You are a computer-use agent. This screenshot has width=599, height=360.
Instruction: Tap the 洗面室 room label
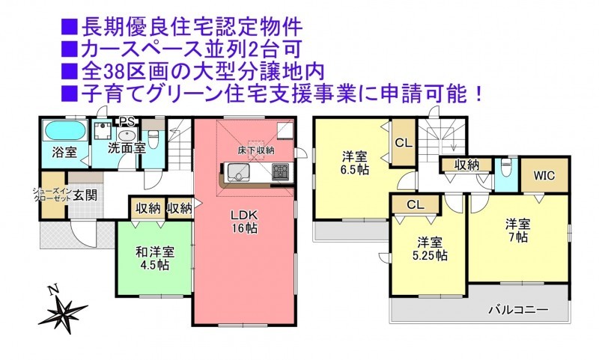(127, 148)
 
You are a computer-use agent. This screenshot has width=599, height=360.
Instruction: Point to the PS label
(127, 121)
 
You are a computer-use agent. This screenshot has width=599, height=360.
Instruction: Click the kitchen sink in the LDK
(238, 173)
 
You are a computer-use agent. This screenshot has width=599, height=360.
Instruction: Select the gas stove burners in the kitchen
(282, 172)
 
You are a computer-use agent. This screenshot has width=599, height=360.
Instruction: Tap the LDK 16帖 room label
(244, 222)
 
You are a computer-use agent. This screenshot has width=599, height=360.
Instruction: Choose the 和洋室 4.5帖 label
(155, 258)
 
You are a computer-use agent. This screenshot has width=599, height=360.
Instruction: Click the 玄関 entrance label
(85, 195)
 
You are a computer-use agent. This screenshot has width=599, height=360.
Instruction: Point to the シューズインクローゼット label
(52, 194)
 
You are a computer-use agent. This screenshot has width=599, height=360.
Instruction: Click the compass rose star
(63, 312)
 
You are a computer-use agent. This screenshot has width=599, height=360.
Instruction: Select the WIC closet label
(544, 176)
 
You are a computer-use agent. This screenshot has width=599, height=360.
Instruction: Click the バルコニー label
(519, 309)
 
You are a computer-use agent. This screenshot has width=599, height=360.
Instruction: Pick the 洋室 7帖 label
(518, 230)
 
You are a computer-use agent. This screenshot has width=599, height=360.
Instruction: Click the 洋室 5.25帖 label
(430, 248)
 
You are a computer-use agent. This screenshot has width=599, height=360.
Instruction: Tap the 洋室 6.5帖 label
(354, 163)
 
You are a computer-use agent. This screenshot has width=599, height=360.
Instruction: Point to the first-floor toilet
(153, 140)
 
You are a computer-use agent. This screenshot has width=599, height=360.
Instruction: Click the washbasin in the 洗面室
(127, 135)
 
